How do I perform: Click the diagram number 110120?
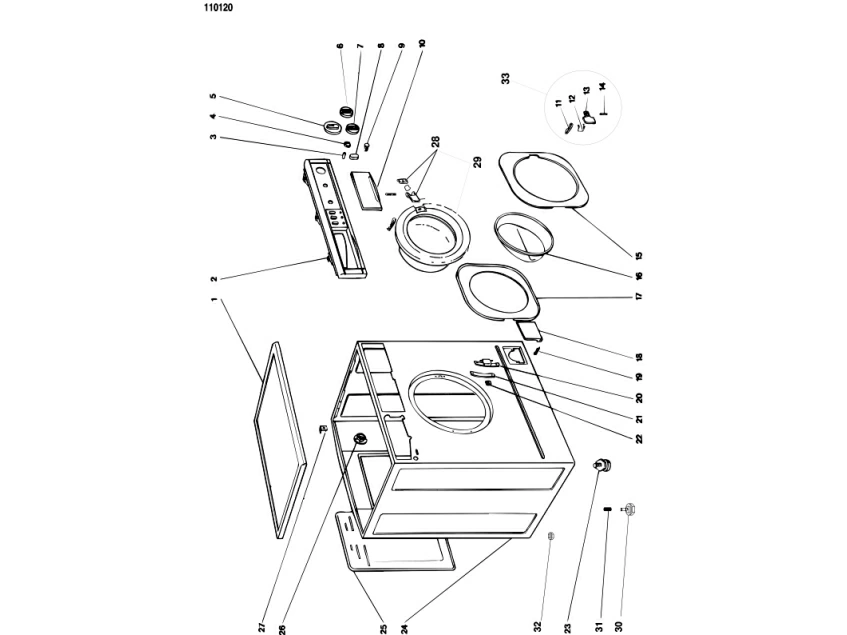(x=219, y=8)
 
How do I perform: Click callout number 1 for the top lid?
(x=214, y=299)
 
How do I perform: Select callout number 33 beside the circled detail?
(x=506, y=79)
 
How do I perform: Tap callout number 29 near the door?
(x=478, y=162)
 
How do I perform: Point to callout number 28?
(x=435, y=141)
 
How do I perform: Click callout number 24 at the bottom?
(x=404, y=628)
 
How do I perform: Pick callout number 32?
(x=537, y=626)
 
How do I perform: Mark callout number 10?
(x=422, y=43)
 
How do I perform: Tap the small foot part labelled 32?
(x=551, y=536)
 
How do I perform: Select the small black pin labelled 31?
(x=607, y=509)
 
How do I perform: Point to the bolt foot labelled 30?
(x=629, y=508)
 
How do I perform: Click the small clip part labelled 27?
(x=324, y=429)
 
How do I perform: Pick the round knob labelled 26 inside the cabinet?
(x=360, y=438)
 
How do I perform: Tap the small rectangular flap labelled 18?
(x=529, y=329)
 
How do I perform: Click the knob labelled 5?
(x=331, y=127)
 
